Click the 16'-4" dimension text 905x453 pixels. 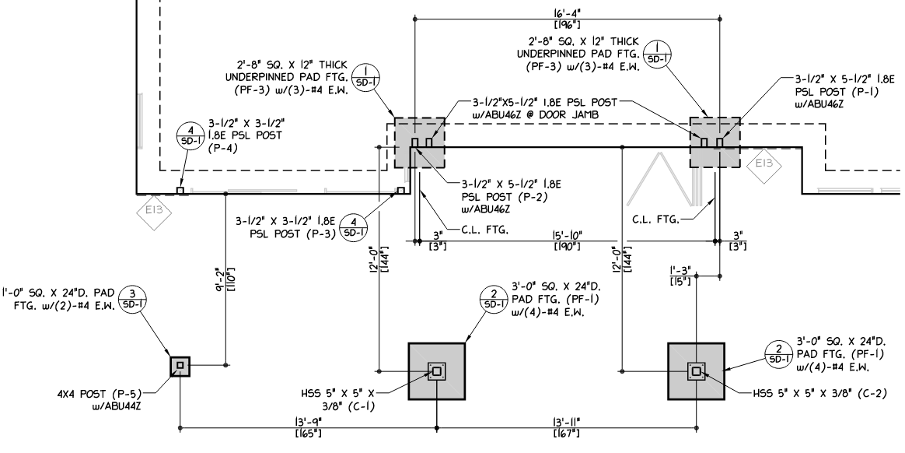(x=566, y=12)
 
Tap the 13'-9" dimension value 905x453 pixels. (x=308, y=422)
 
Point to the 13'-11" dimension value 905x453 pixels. (x=566, y=422)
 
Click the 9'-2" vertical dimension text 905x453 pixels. (x=219, y=279)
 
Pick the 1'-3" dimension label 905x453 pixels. (x=680, y=270)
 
